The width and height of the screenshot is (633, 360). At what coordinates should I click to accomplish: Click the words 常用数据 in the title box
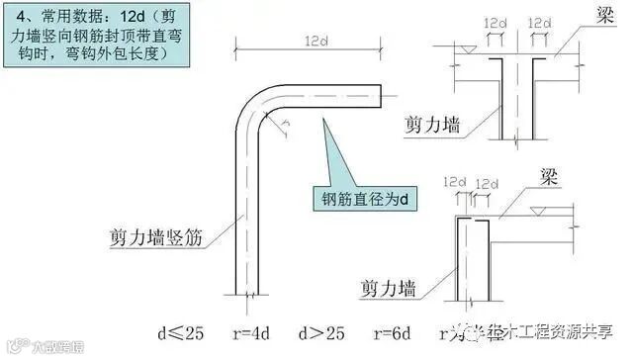click(x=67, y=17)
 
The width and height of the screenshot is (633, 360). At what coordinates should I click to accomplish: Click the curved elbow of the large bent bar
click(x=254, y=106)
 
